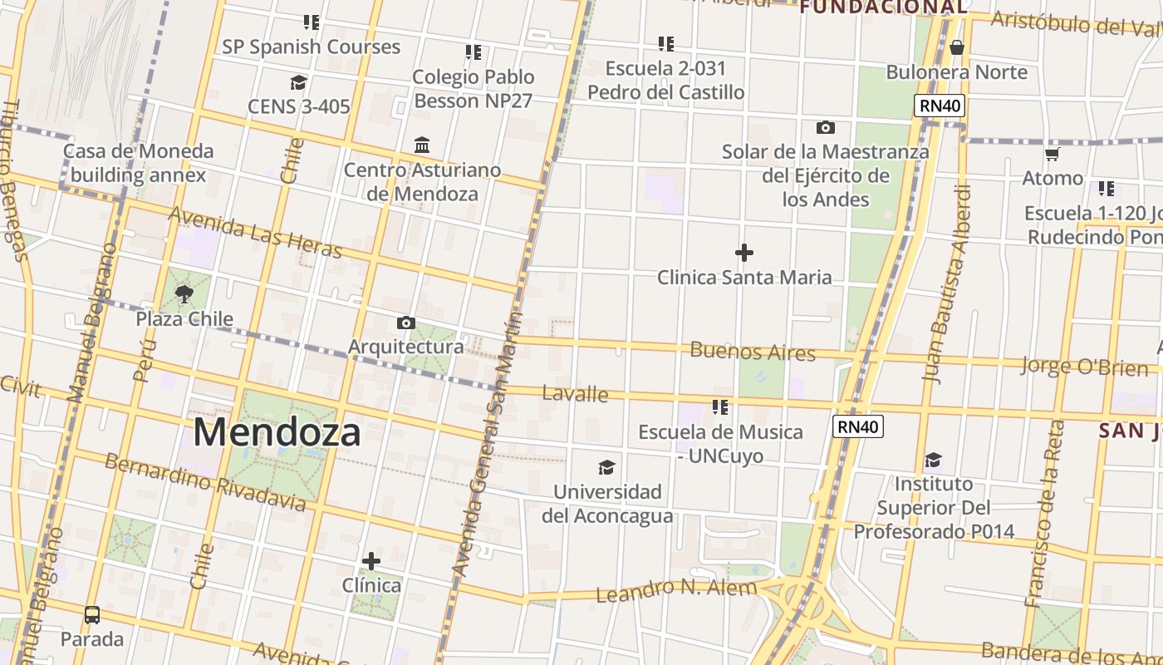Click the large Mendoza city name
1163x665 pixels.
coord(277,432)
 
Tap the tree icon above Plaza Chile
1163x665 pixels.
coord(184,293)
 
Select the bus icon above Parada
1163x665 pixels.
coord(92,615)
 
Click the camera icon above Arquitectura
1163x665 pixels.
coord(405,323)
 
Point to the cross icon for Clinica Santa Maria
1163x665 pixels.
coord(744,252)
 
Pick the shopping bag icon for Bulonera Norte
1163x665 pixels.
coord(957,47)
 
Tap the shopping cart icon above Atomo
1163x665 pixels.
coord(1053,154)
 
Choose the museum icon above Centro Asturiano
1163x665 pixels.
coord(422,145)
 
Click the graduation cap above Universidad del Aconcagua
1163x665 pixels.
coord(607,467)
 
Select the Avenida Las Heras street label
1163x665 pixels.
coord(255,232)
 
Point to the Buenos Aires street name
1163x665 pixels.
coord(753,351)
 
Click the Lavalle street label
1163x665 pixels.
coord(575,393)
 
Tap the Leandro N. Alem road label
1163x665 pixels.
coord(676,591)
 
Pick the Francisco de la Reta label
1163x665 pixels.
coord(1045,514)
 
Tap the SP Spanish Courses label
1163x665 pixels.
coord(311,47)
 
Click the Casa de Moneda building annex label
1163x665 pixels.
coord(138,163)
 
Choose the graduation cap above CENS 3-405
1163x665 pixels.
coord(298,82)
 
